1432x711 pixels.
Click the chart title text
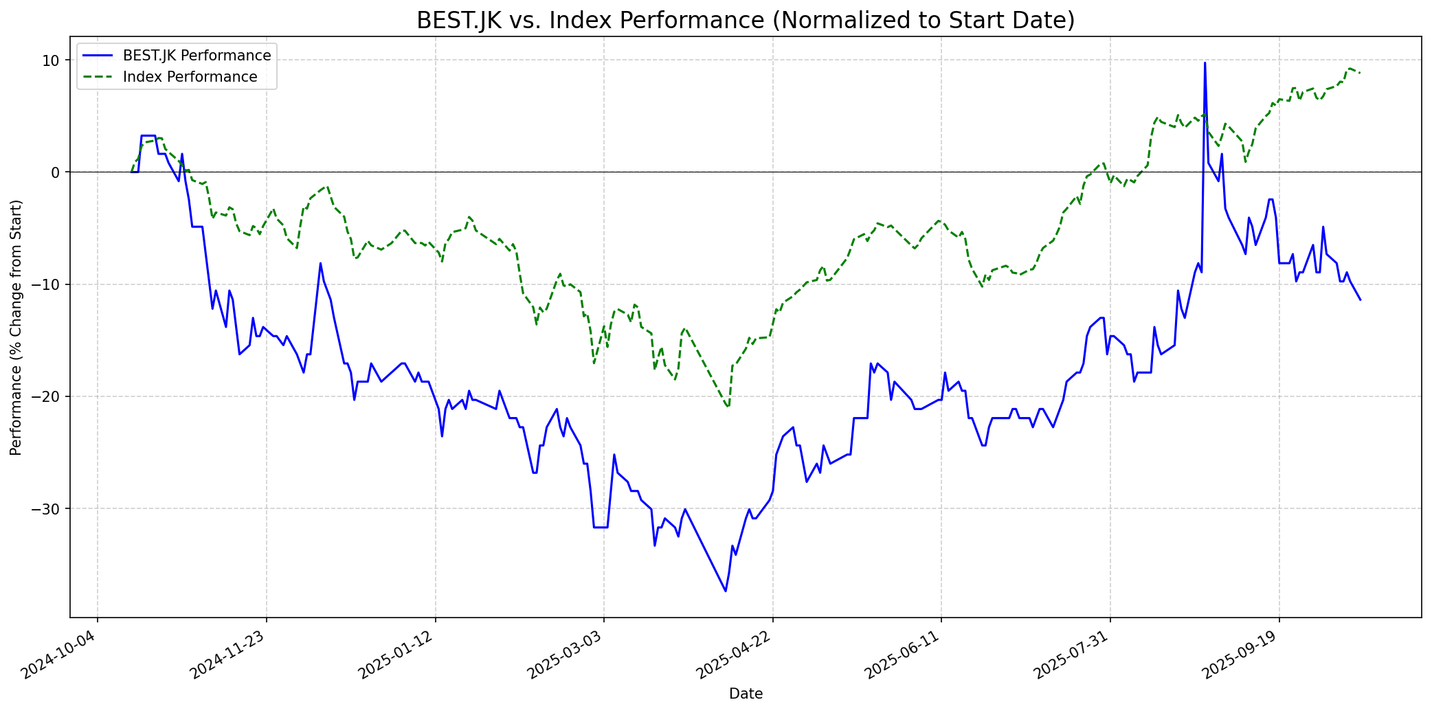[x=746, y=21]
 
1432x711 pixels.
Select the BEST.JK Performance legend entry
[x=197, y=56]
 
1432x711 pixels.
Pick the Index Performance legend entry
[x=190, y=77]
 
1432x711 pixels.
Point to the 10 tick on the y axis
[x=52, y=60]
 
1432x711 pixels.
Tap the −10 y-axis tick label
[x=48, y=284]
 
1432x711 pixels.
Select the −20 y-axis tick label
[x=48, y=396]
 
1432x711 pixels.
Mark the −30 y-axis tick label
[x=48, y=509]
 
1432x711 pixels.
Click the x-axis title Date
[x=746, y=694]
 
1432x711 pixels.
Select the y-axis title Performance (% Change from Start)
[x=16, y=327]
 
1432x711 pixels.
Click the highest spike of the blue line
[x=1205, y=63]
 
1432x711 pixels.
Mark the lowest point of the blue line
[x=726, y=591]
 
